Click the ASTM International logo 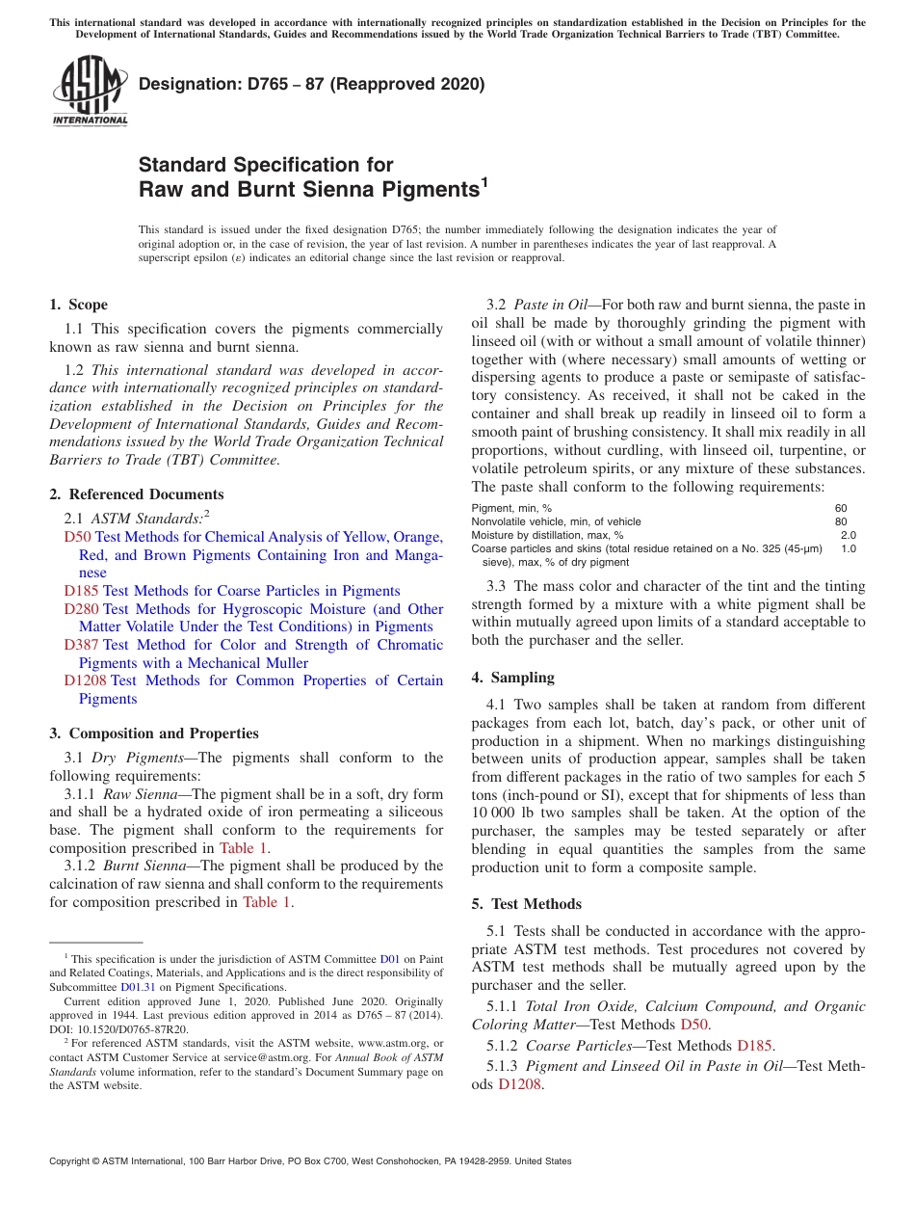[90, 92]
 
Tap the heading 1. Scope [79, 305]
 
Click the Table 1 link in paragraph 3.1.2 [266, 902]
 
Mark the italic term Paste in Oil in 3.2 [550, 306]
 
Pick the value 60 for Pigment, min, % [841, 508]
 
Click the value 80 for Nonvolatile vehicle [841, 521]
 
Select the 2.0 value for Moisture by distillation [848, 535]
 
